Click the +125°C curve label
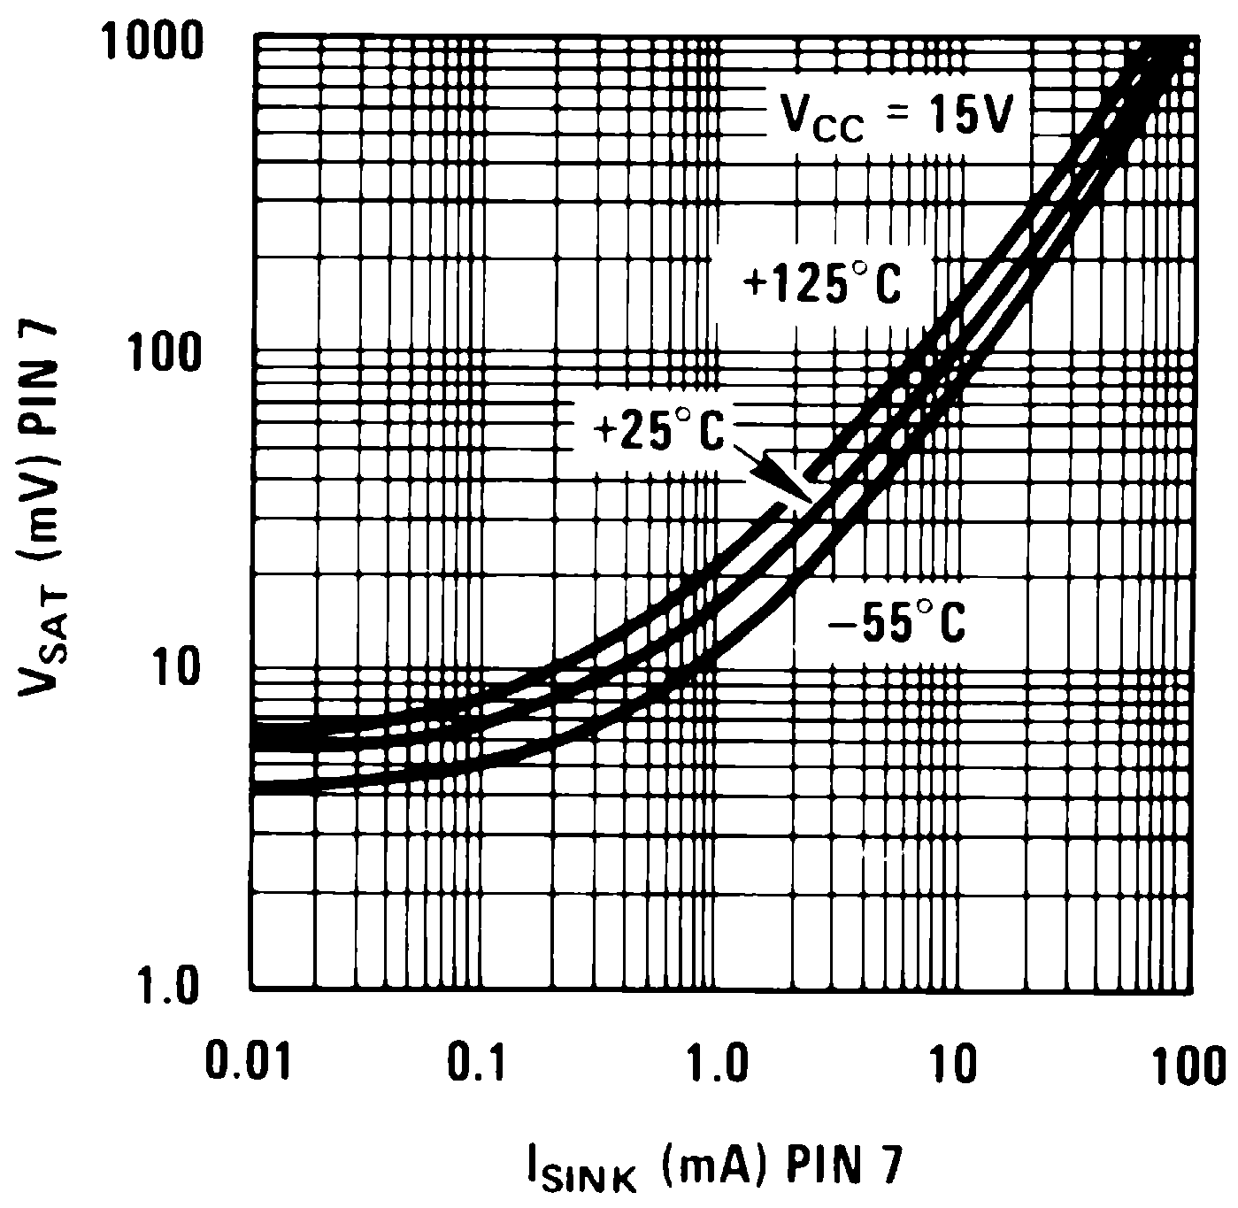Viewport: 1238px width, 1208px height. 822,286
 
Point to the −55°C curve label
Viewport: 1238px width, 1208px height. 896,623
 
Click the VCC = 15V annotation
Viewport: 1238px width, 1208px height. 895,117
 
